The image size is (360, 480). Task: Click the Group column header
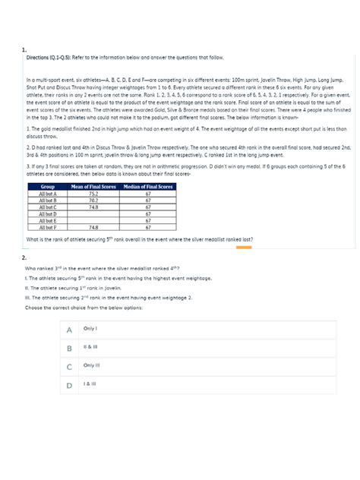pyautogui.click(x=47, y=186)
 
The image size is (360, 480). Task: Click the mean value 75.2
pyautogui.click(x=92, y=193)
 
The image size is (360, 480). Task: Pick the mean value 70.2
pyautogui.click(x=92, y=200)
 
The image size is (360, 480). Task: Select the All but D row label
pyautogui.click(x=47, y=213)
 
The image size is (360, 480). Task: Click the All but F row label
pyautogui.click(x=47, y=226)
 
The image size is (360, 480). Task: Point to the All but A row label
pyautogui.click(x=47, y=193)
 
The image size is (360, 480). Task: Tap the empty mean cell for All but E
pyautogui.click(x=92, y=219)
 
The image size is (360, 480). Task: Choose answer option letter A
pyautogui.click(x=69, y=330)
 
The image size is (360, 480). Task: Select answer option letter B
pyautogui.click(x=69, y=349)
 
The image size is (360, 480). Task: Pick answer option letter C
pyautogui.click(x=69, y=367)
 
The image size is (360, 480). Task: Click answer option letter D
pyautogui.click(x=69, y=386)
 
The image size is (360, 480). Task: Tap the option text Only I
pyautogui.click(x=90, y=328)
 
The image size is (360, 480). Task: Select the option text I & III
pyautogui.click(x=90, y=384)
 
